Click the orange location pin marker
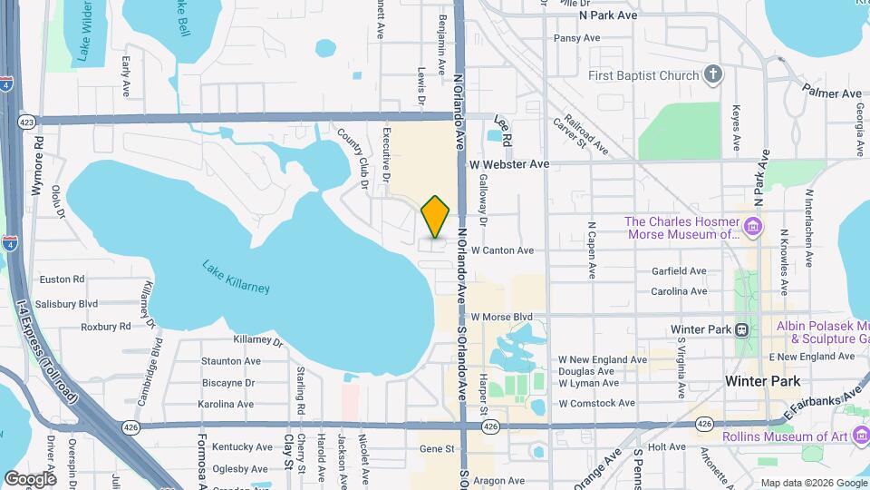pyautogui.click(x=436, y=216)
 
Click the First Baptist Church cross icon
pyautogui.click(x=713, y=74)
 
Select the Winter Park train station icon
pyautogui.click(x=741, y=328)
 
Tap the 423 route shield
pyautogui.click(x=25, y=120)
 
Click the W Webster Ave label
pyautogui.click(x=509, y=164)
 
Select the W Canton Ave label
pyautogui.click(x=502, y=250)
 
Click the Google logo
pyautogui.click(x=29, y=478)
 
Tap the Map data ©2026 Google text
pyautogui.click(x=813, y=483)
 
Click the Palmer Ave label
pyautogui.click(x=831, y=93)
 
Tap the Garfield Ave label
pyautogui.click(x=679, y=270)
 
